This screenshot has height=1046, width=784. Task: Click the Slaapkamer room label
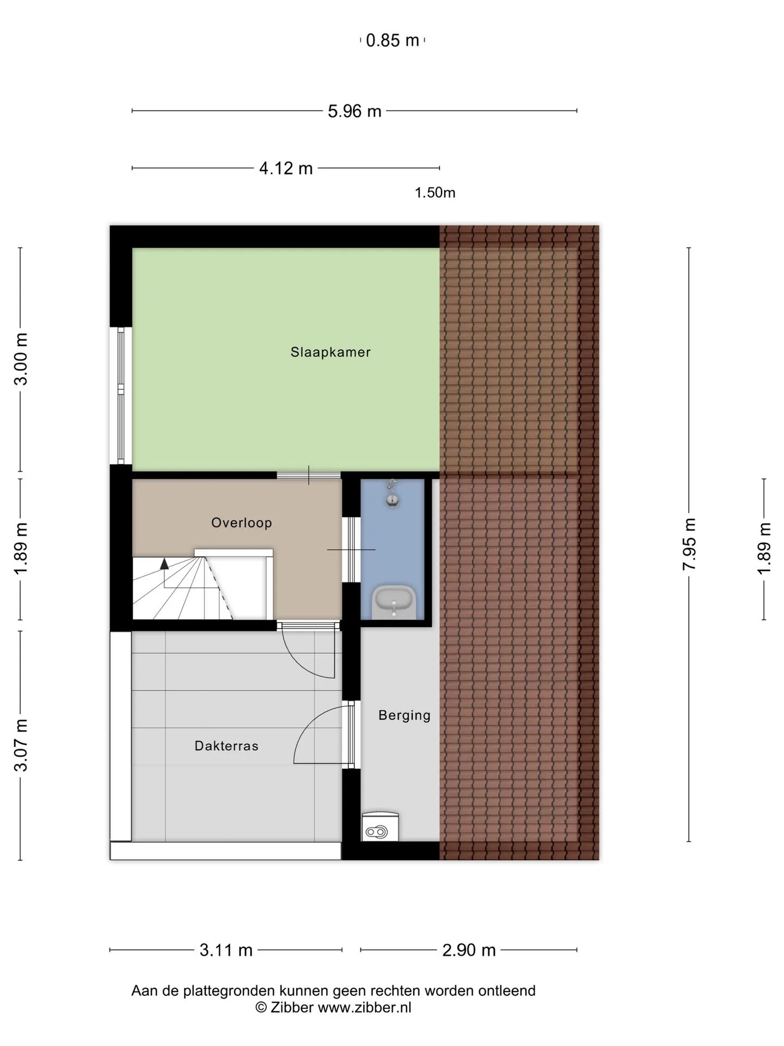point(330,352)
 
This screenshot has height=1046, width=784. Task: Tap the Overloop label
point(242,523)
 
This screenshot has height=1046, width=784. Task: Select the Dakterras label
point(226,746)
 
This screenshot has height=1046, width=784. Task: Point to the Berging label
point(405,715)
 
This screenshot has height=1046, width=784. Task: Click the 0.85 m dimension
point(393,40)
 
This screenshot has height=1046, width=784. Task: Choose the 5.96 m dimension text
point(354,111)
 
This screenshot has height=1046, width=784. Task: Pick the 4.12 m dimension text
point(286,168)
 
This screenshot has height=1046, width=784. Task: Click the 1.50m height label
point(435,193)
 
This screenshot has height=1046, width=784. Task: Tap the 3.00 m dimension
point(21,359)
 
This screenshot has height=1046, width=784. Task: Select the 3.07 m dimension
point(21,745)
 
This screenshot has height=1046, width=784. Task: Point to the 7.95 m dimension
point(689,544)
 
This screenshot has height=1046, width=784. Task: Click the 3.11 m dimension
point(226,950)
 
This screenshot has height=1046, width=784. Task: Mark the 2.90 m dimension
point(469,950)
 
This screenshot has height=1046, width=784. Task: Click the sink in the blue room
point(394,602)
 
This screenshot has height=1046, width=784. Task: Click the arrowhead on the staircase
point(164,563)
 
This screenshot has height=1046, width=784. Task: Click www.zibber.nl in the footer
point(364,1007)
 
